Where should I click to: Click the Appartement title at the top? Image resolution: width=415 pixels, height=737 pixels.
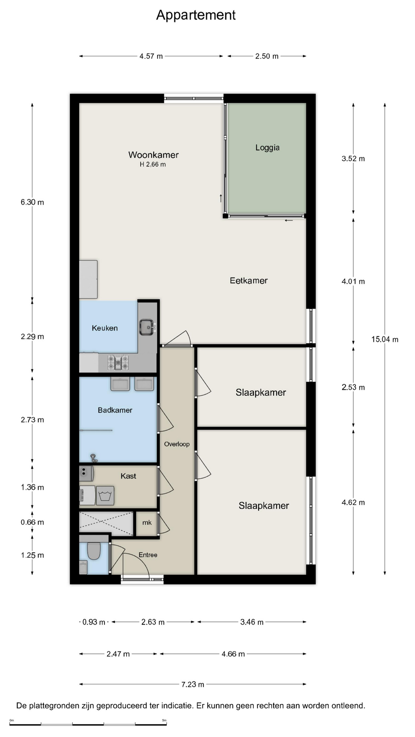(x=196, y=15)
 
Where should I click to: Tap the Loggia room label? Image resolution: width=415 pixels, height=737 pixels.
(x=267, y=148)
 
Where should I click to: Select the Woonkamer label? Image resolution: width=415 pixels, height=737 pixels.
(x=153, y=155)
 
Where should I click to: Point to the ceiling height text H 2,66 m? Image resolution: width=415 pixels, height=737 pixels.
(x=153, y=164)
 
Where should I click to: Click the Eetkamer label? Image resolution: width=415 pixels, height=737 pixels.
(x=249, y=281)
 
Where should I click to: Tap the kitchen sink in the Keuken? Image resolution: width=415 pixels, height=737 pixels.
(x=147, y=327)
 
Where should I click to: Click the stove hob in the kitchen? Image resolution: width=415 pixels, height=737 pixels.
(x=118, y=362)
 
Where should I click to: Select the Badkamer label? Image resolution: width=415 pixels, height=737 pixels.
(x=115, y=410)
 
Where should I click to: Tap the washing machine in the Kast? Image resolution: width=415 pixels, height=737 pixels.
(x=105, y=496)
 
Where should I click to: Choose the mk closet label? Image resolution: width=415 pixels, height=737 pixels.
(x=147, y=522)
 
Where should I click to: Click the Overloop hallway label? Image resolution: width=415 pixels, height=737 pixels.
(x=177, y=444)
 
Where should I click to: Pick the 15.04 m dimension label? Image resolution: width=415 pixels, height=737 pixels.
(x=385, y=339)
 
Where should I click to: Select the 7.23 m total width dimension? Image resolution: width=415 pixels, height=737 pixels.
(x=193, y=684)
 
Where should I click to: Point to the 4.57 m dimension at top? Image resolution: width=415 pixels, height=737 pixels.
(x=151, y=56)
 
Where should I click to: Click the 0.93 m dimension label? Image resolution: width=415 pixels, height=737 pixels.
(x=94, y=622)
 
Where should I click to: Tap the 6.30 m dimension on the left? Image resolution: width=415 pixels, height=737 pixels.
(x=32, y=202)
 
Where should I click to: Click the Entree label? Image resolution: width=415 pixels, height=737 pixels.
(x=148, y=555)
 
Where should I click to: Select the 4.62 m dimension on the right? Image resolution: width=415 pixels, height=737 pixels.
(x=353, y=502)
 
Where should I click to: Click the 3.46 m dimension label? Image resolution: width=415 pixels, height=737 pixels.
(x=252, y=622)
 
